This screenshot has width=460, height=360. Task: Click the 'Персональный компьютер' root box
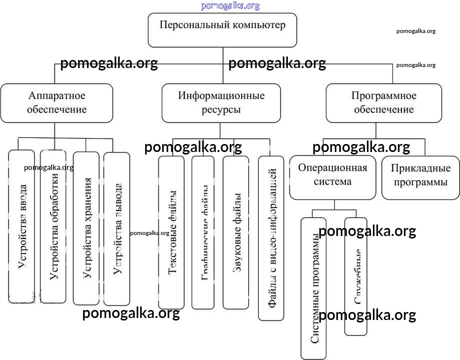(222, 30)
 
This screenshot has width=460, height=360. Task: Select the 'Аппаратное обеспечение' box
(57, 102)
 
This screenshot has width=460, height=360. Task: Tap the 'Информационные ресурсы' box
(221, 102)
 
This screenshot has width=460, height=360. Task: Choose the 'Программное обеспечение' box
(384, 102)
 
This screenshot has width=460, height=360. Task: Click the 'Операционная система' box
(332, 174)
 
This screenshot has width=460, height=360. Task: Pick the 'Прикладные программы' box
(420, 175)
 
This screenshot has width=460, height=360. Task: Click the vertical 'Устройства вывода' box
(117, 230)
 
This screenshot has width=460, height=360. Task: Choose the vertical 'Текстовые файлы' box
(172, 232)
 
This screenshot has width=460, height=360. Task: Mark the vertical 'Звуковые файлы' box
(236, 232)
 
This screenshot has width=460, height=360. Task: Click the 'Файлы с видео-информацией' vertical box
(271, 237)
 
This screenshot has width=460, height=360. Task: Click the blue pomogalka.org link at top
(230, 6)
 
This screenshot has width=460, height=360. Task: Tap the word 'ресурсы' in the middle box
(221, 110)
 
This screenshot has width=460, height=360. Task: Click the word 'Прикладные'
(420, 168)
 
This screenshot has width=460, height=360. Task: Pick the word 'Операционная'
(332, 167)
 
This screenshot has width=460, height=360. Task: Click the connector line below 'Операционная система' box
(334, 204)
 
